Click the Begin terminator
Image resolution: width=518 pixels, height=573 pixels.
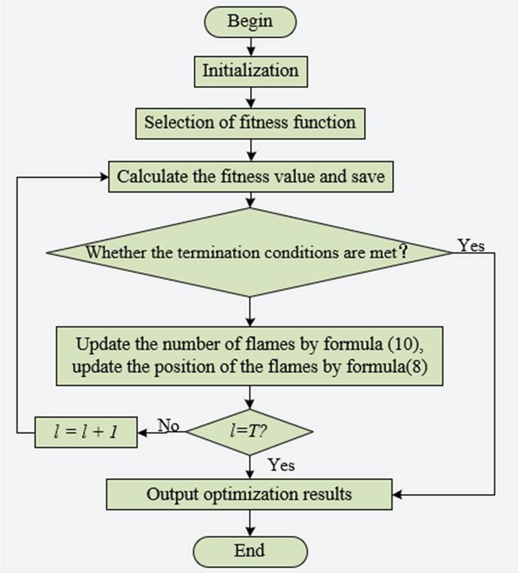[250, 21]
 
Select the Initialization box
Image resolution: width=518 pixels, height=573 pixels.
[250, 70]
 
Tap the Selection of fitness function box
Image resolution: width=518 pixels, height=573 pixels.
[250, 123]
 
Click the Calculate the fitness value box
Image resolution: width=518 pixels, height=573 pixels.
[251, 177]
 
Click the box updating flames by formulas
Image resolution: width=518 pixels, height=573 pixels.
[250, 355]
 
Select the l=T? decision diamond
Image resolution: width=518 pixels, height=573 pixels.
[249, 431]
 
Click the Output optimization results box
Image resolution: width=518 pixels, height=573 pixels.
[249, 493]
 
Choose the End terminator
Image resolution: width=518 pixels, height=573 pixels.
[250, 550]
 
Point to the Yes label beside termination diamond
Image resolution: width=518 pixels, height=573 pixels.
[471, 246]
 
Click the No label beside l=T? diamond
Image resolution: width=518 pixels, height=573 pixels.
[168, 425]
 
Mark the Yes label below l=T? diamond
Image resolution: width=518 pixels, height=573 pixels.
[281, 465]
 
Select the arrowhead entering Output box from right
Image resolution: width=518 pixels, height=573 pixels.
[398, 493]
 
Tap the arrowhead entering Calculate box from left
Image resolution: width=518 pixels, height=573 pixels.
[104, 177]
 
